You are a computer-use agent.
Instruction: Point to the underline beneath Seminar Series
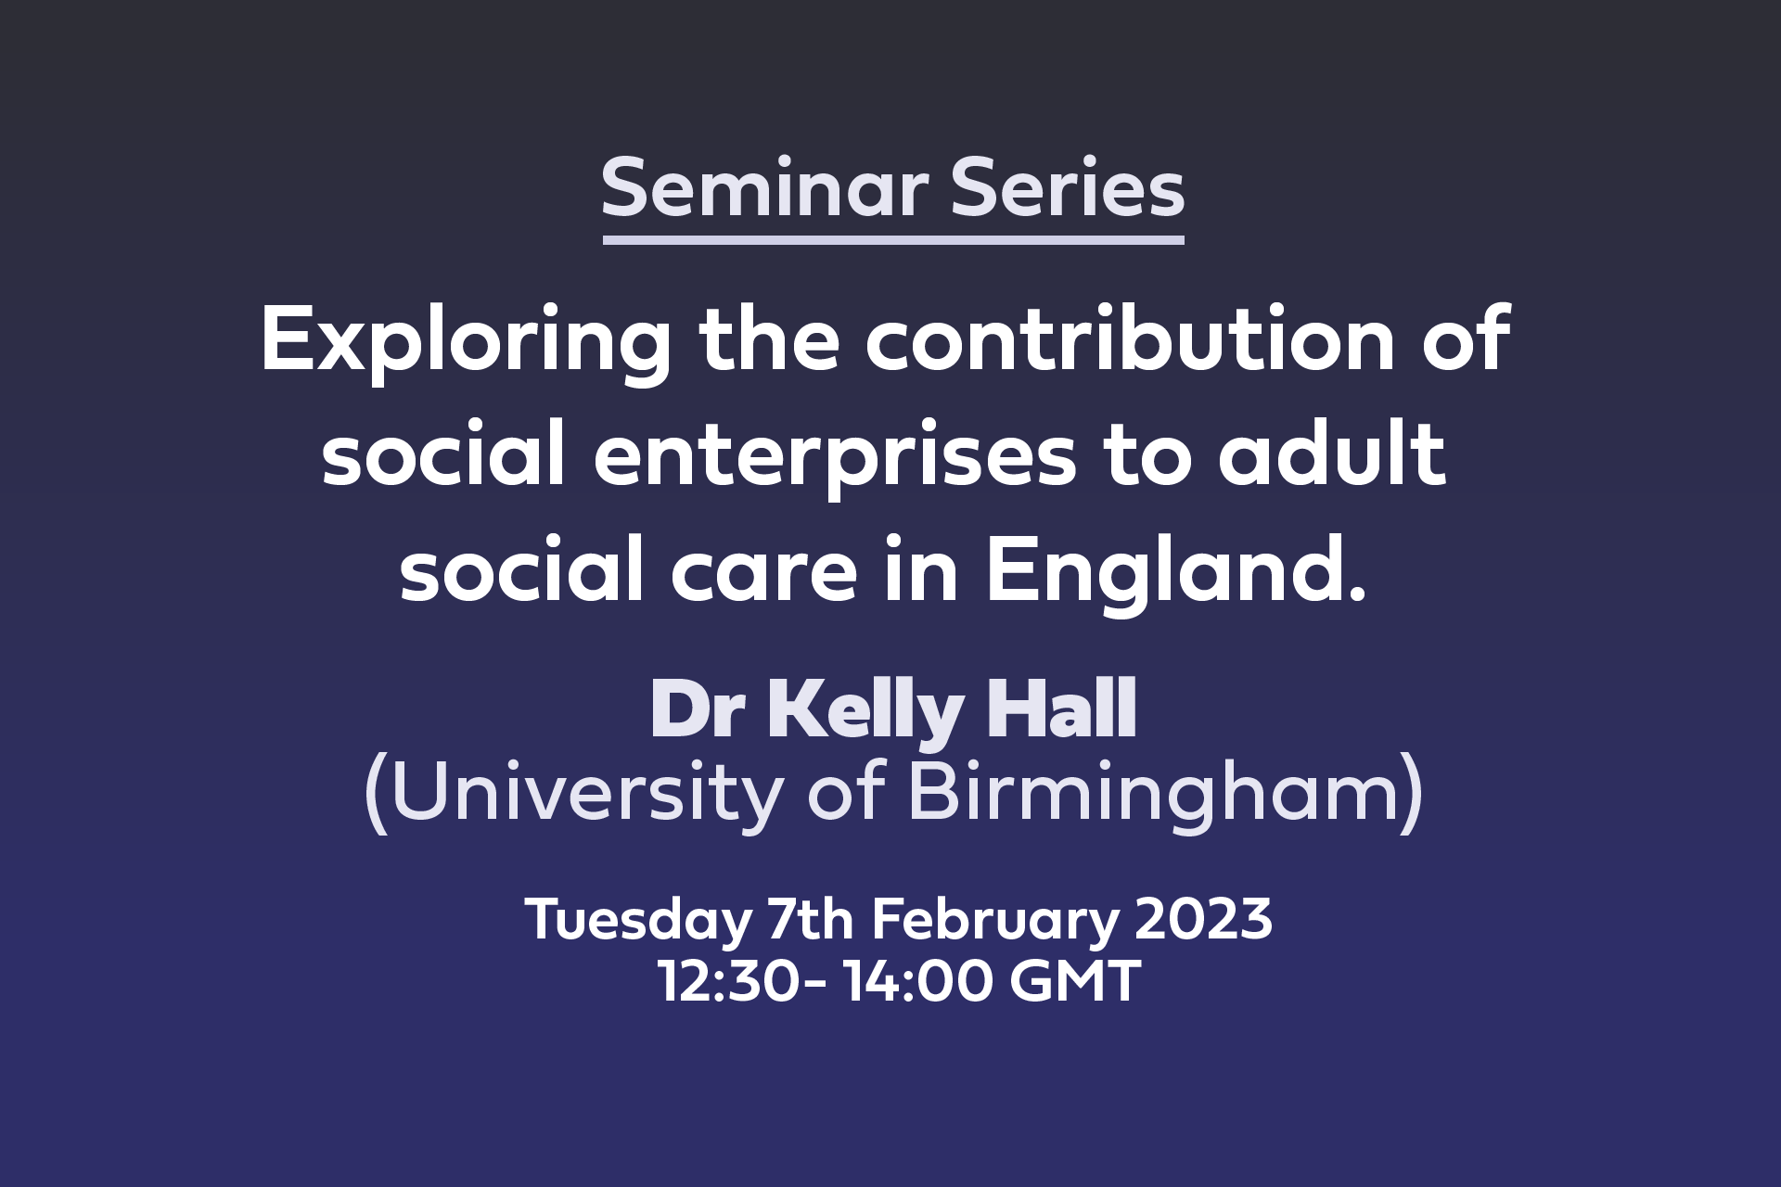893,240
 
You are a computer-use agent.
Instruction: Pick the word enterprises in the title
835,458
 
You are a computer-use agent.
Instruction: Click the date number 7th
811,919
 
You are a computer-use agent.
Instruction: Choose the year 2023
1203,919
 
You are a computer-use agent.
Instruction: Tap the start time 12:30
728,981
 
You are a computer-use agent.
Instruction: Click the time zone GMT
1075,981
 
